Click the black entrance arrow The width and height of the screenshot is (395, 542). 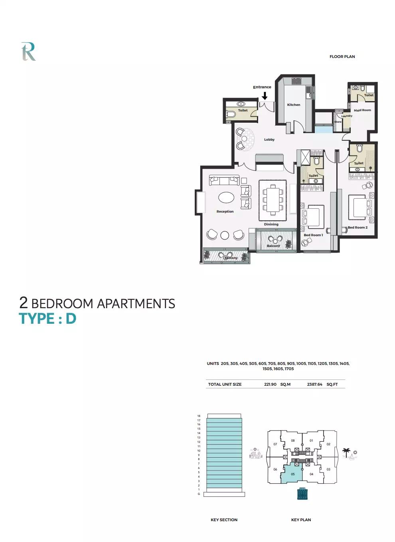point(265,96)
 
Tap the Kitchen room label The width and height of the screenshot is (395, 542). point(294,105)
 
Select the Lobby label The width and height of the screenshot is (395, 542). point(269,139)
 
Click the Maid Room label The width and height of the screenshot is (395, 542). point(362,110)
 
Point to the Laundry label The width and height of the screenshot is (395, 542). point(347,116)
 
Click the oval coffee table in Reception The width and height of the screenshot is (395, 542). point(226,197)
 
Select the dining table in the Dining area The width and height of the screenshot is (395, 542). point(273,199)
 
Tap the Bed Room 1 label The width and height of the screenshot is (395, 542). point(313,235)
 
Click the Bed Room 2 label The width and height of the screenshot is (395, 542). point(357,227)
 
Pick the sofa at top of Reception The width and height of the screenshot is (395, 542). point(224,181)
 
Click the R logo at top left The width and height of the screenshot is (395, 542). point(28,52)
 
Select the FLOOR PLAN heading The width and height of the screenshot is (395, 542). point(342,57)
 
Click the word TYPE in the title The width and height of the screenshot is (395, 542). point(37,319)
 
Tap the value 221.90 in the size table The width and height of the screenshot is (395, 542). point(270,385)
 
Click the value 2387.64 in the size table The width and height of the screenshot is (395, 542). point(314,385)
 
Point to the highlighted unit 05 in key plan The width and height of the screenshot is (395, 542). point(292,474)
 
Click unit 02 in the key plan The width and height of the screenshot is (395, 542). point(328,444)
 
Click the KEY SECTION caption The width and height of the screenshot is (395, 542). point(224,520)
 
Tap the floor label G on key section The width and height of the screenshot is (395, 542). point(199,494)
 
